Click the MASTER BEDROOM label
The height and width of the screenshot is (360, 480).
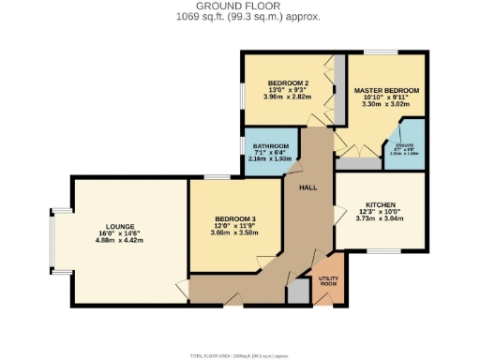click(386, 90)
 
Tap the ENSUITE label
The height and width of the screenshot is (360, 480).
click(406, 145)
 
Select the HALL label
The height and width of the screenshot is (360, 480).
click(307, 188)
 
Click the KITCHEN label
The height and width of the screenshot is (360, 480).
click(381, 204)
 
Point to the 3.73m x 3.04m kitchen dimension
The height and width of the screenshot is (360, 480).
click(381, 219)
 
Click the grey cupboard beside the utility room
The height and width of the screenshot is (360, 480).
click(298, 292)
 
